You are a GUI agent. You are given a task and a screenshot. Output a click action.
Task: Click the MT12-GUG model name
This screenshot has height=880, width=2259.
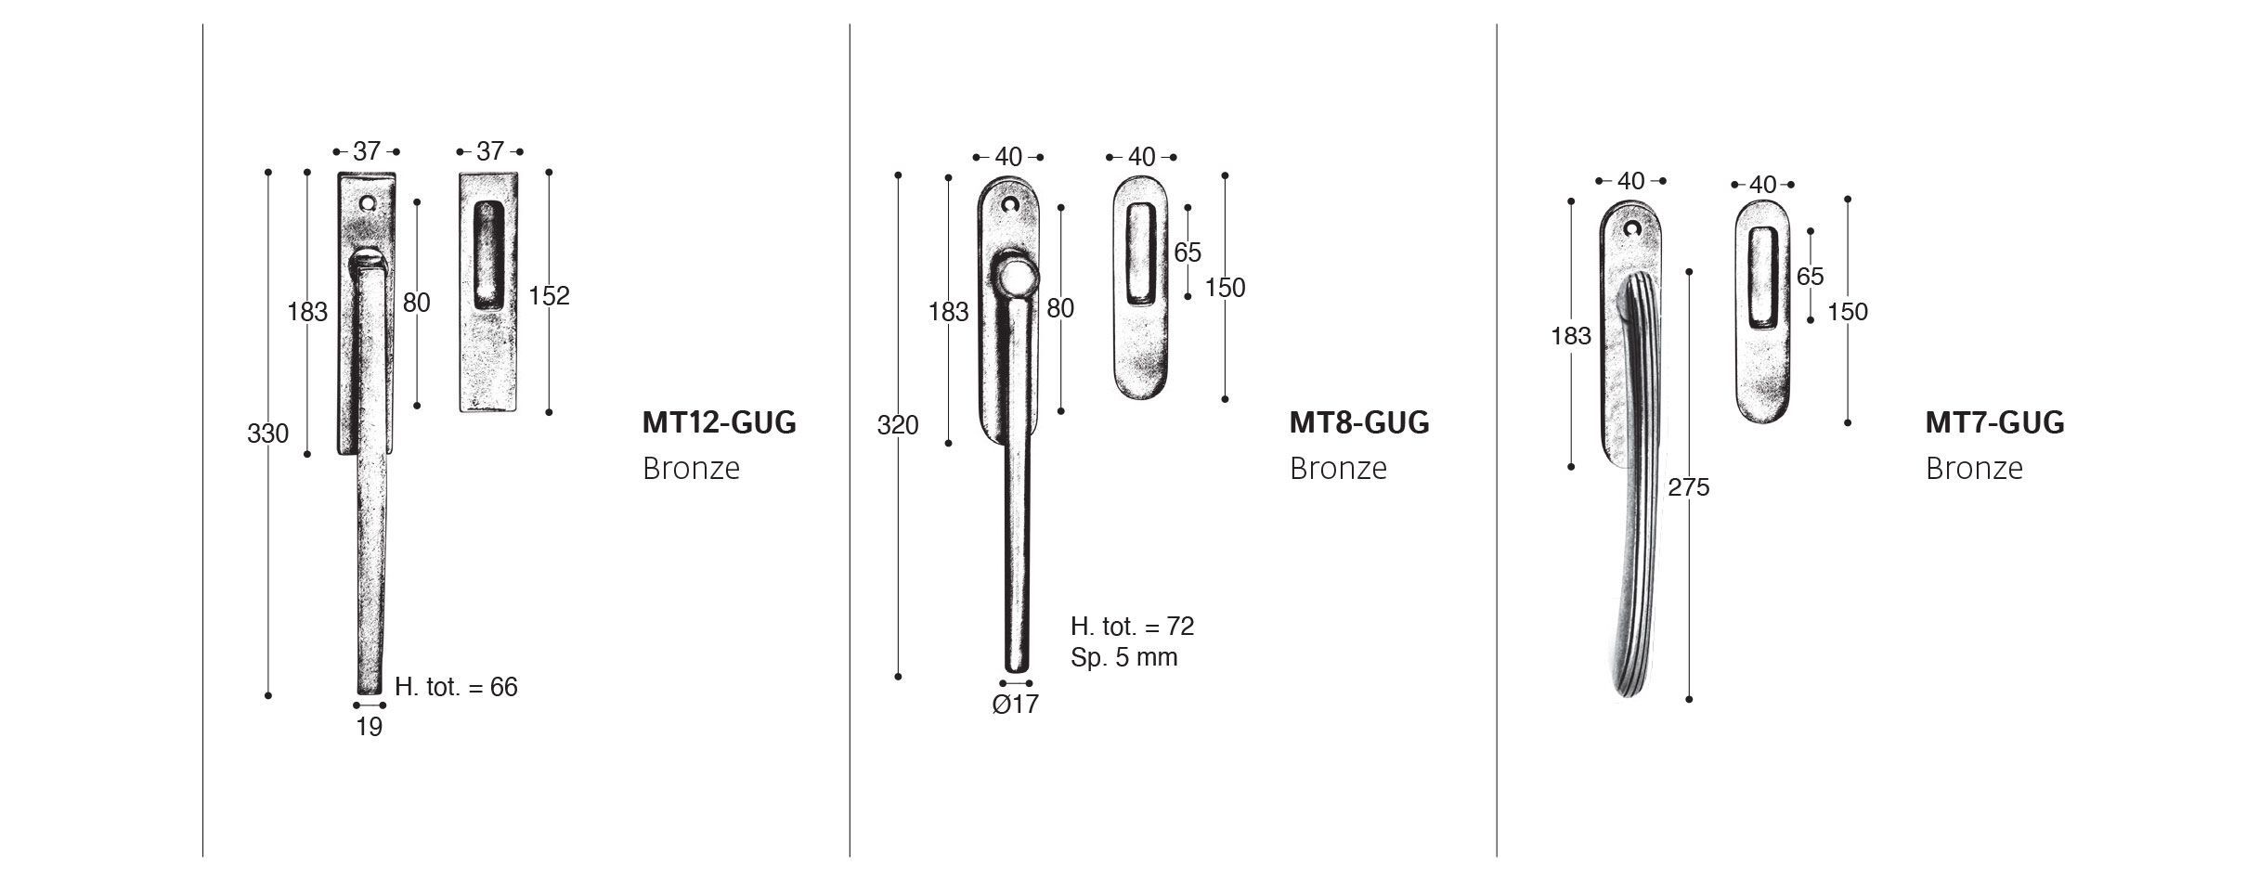[x=719, y=423]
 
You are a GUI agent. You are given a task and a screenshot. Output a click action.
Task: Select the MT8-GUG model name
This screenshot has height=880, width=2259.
[x=1358, y=423]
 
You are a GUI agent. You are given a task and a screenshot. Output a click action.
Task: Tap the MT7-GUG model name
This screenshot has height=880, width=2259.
[x=1994, y=423]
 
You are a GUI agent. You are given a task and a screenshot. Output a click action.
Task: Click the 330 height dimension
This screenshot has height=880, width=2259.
[x=267, y=434]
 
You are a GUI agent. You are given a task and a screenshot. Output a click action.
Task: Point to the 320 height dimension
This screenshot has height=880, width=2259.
[x=898, y=425]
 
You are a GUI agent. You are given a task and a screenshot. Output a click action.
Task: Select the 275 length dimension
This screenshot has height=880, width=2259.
[x=1688, y=487]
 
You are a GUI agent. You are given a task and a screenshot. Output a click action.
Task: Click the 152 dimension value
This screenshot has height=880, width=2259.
[x=549, y=296]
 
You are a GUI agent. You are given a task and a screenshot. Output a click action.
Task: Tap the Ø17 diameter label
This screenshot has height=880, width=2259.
[x=1015, y=705]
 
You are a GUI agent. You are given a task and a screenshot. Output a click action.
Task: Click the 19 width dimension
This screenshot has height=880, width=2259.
[x=370, y=728]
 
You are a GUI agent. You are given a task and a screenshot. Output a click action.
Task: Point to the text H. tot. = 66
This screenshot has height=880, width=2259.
[x=456, y=688]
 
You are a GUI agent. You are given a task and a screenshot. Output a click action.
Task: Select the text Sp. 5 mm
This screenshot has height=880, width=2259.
[x=1123, y=658]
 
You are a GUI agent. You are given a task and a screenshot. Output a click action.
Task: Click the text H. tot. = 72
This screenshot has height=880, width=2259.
[x=1132, y=627]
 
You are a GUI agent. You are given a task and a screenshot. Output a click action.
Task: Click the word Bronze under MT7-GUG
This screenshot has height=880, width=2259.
[x=1973, y=468]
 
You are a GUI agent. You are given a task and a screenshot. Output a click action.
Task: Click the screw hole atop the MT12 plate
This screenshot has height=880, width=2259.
[x=370, y=201]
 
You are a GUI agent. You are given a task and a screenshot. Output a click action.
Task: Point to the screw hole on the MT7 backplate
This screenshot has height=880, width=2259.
[x=1632, y=227]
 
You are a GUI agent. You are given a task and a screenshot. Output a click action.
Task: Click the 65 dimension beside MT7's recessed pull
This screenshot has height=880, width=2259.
[x=1810, y=277]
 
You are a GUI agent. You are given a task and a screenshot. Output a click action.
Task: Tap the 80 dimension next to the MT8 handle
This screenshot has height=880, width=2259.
[x=1059, y=309]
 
